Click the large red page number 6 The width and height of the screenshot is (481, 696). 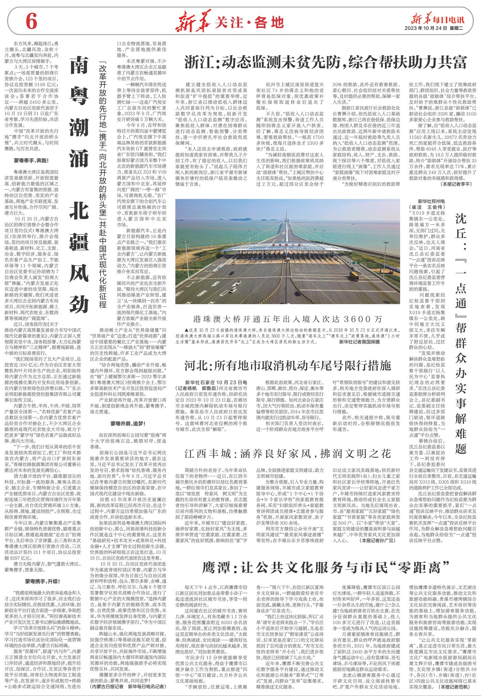[x=31, y=23]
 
